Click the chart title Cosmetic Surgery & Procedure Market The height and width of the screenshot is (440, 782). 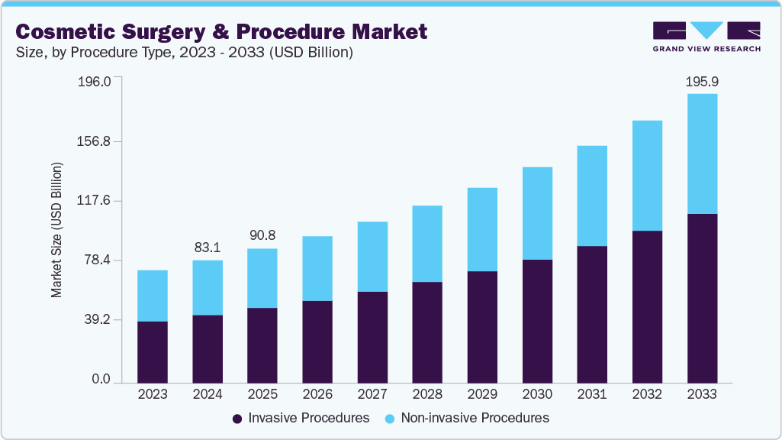[221, 31]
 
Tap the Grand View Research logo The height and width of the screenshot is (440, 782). [706, 36]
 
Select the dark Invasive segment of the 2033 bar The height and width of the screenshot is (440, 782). [702, 297]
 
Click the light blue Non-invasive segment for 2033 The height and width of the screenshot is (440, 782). [702, 154]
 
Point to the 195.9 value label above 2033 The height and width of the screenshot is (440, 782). [702, 80]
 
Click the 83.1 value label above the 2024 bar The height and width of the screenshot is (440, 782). [208, 247]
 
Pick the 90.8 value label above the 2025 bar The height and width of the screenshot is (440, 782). [262, 235]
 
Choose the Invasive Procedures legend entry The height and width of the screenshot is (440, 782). [301, 418]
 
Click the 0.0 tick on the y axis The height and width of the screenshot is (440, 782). [101, 380]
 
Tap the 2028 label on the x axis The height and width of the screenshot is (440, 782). [427, 394]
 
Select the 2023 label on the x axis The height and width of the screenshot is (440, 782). [153, 394]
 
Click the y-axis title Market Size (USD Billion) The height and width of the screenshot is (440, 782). [56, 230]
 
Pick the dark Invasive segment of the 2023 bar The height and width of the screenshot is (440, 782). [153, 351]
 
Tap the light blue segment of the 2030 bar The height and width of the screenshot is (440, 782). [537, 213]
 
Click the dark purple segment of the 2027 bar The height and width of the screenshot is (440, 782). [372, 336]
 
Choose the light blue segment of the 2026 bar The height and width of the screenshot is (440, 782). [317, 268]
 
